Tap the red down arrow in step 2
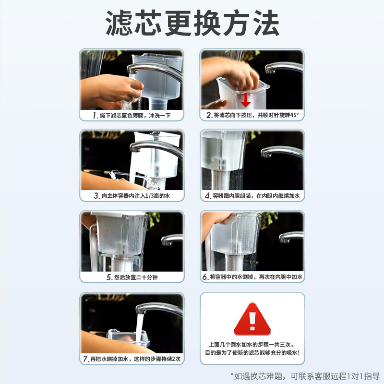[x=246, y=99]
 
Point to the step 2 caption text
[x=252, y=116]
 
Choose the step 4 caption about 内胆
[x=252, y=196]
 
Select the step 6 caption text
[x=252, y=277]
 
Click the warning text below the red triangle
[x=252, y=350]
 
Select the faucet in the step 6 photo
[x=290, y=236]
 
